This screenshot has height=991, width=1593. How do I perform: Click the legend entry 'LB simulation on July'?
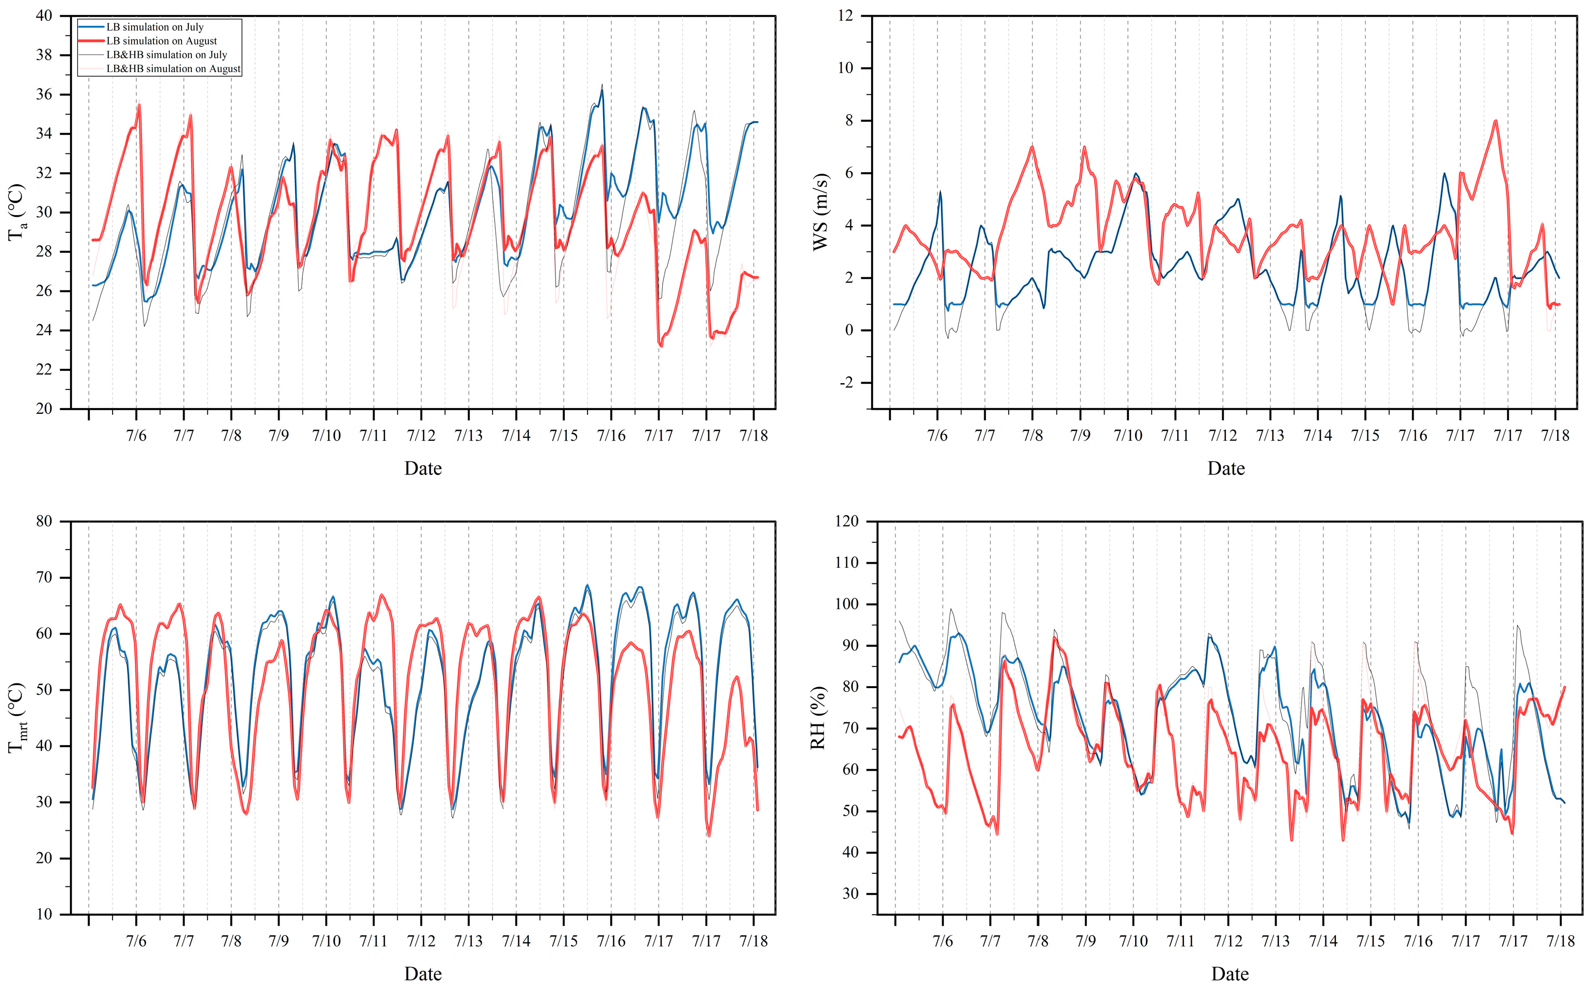coord(155,27)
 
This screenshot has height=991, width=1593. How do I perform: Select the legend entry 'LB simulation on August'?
coord(162,40)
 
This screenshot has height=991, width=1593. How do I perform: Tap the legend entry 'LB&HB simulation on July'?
coord(167,54)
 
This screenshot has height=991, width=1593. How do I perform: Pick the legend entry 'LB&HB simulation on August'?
coord(174,68)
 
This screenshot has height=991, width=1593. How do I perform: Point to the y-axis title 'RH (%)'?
coord(818,718)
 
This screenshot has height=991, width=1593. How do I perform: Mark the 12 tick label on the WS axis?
coord(846,16)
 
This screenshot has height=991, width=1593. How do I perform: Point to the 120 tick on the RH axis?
coord(845,521)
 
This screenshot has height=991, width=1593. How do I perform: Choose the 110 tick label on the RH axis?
coord(845,562)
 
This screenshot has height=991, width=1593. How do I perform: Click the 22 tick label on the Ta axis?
coord(44,370)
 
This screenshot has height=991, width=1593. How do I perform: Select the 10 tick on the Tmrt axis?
coord(44,914)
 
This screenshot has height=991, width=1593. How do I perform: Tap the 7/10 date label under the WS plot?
coord(1128,435)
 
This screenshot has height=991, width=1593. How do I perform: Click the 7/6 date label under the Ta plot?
coord(136,435)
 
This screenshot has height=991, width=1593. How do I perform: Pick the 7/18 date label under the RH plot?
coord(1561,941)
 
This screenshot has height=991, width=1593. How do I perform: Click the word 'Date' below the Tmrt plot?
coord(423,974)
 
